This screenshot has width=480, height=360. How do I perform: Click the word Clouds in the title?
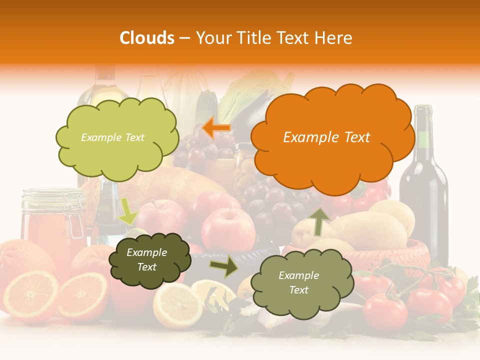147,38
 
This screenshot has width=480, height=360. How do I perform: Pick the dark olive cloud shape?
149,260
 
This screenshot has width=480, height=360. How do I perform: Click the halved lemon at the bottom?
177,305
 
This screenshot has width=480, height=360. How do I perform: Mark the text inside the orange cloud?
326,137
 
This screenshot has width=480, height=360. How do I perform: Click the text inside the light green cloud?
112,137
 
